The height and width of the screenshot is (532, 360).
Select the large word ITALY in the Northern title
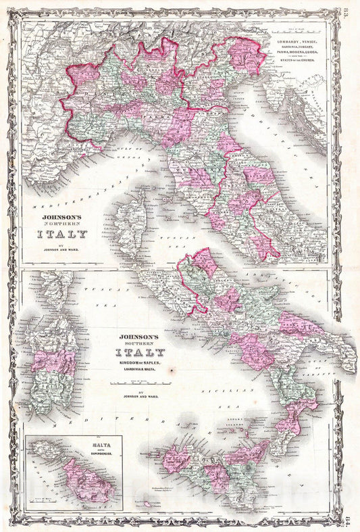(57, 235)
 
